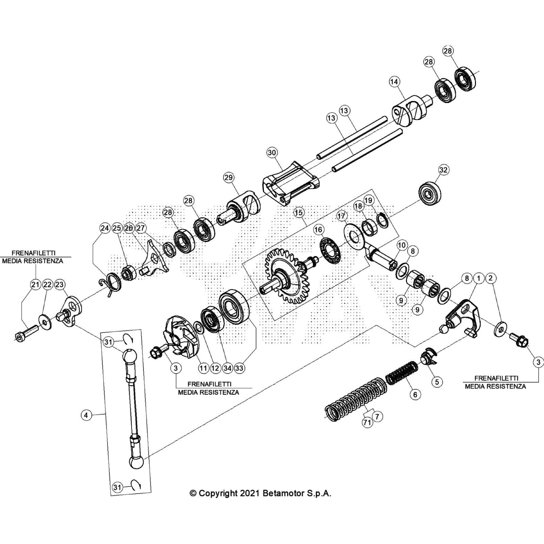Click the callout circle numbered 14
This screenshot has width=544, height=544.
point(394,82)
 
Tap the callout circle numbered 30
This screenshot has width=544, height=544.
point(272,153)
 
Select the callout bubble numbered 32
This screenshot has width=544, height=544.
point(443,170)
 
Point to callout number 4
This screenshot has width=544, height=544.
point(86,415)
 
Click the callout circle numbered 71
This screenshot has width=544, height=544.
point(367,423)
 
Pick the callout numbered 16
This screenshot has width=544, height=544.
point(318,230)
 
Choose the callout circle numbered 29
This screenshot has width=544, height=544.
point(228,177)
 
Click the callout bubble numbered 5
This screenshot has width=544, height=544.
point(437,382)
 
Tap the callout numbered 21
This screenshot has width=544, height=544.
point(35,285)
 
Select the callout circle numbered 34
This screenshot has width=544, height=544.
point(227,368)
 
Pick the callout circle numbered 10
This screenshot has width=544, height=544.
point(402,245)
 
